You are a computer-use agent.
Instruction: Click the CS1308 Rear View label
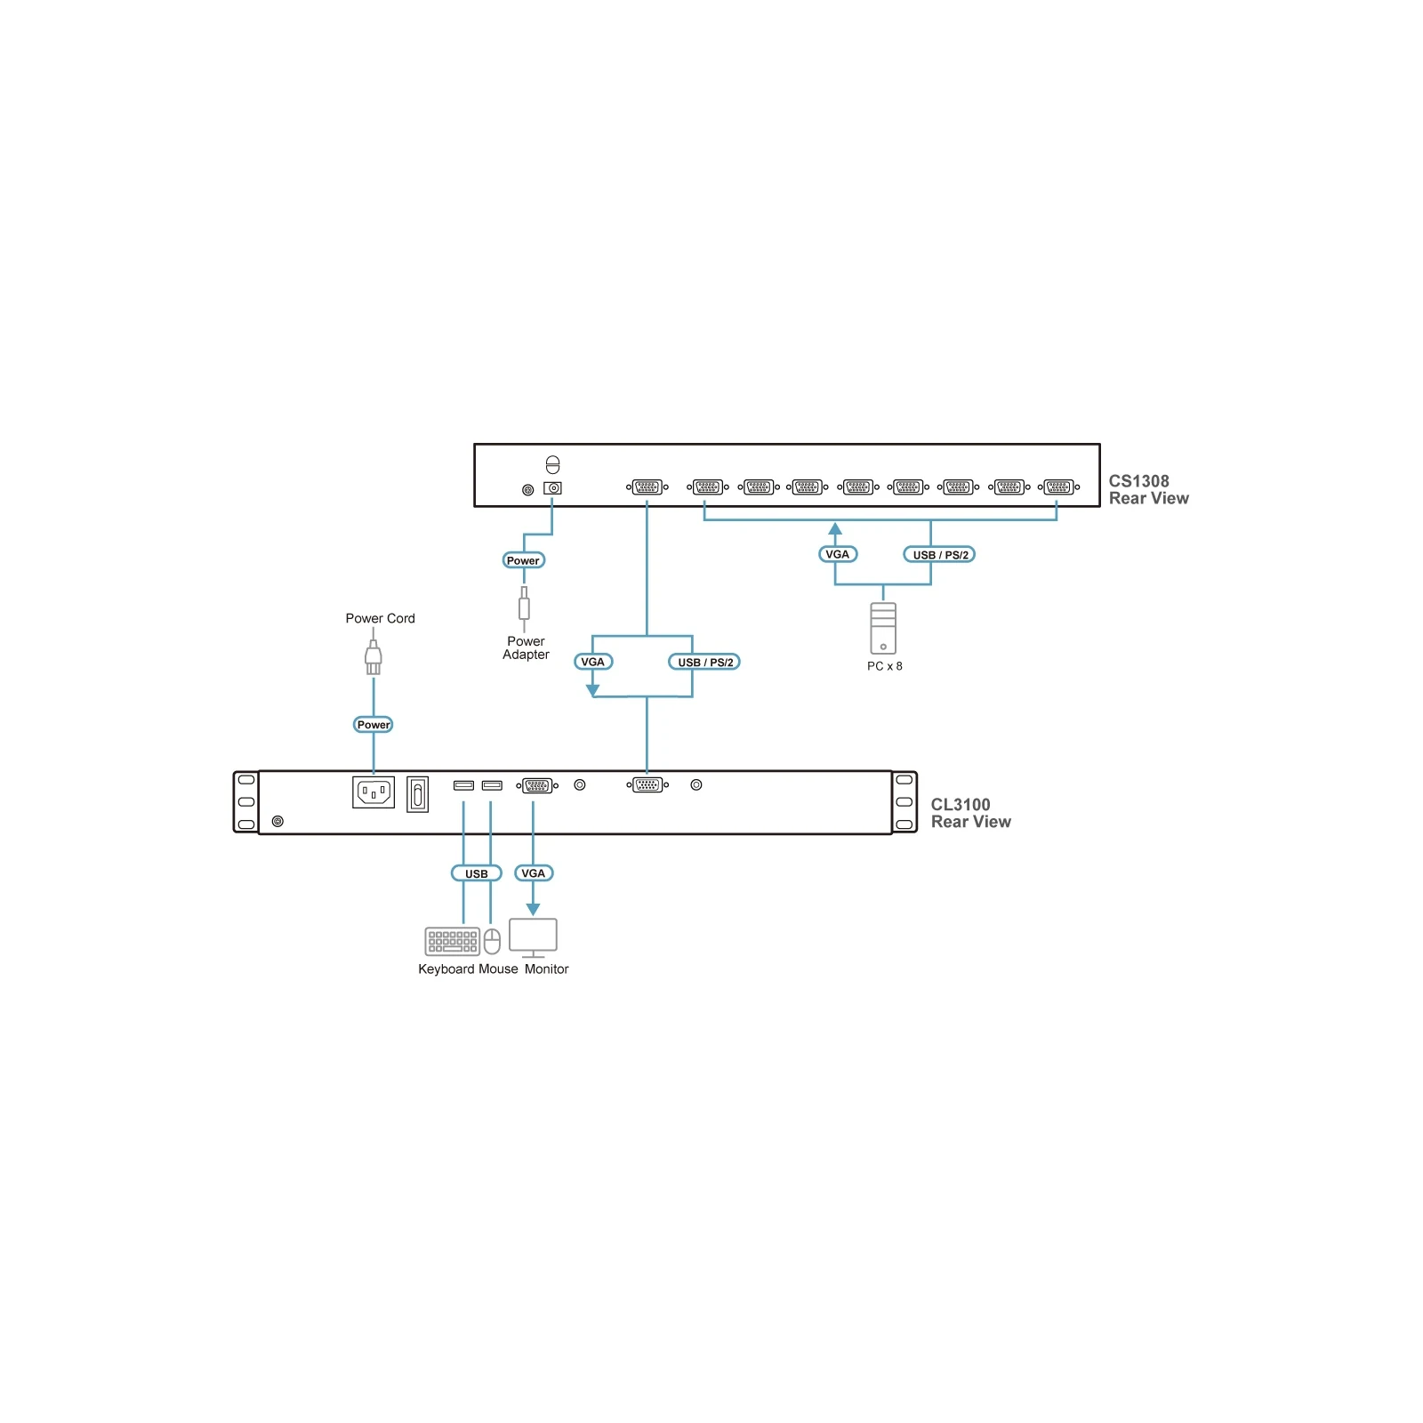click(1148, 489)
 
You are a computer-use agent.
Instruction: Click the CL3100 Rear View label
click(970, 813)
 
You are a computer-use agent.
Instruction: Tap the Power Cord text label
click(380, 618)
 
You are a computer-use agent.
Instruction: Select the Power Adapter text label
click(526, 647)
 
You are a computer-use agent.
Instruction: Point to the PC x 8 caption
click(884, 666)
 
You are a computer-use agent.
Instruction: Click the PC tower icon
click(883, 628)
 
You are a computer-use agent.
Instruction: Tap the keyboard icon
click(453, 941)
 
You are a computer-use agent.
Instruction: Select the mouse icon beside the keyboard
click(492, 941)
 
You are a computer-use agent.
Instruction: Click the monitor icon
click(533, 938)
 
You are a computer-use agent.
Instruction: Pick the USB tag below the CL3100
click(477, 873)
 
